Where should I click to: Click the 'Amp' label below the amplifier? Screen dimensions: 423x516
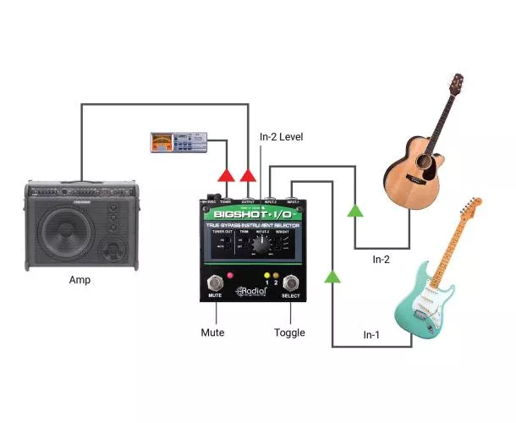[80, 280]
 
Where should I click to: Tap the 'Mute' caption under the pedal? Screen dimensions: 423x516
[213, 332]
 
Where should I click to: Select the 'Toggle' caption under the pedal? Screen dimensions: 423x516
[288, 332]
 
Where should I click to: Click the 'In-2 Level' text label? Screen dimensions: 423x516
[281, 136]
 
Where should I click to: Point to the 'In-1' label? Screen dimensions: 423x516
[372, 337]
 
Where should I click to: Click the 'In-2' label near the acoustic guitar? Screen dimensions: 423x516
[382, 260]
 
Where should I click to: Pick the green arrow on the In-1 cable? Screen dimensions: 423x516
[332, 276]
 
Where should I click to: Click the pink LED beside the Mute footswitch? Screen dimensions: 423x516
[228, 277]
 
